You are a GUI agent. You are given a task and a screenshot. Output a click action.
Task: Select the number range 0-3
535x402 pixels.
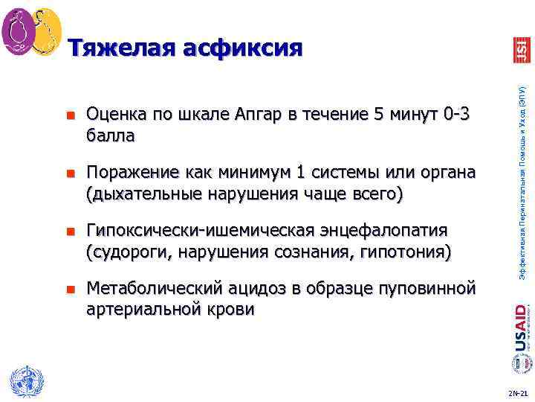(456, 115)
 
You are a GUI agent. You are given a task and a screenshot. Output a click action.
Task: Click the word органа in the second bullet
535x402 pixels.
(444, 173)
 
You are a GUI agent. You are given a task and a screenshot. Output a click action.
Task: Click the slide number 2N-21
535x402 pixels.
(518, 392)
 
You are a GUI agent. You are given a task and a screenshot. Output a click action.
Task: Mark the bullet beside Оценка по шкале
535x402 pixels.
(71, 116)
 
